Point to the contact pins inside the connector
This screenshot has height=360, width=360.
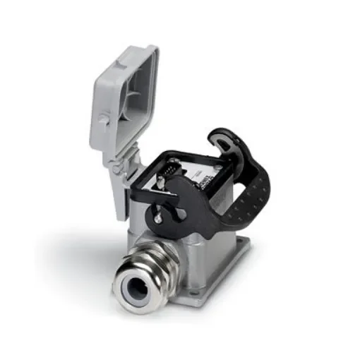coord(169,170)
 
